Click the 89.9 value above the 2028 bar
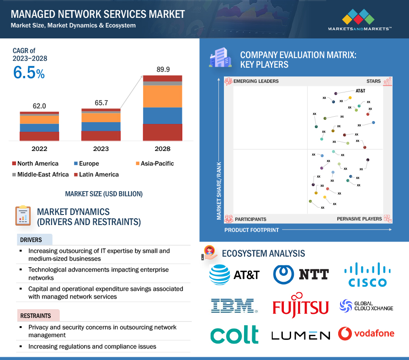[163, 70]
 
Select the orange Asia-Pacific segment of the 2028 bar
[163, 96]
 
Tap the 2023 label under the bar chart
[101, 149]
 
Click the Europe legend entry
[89, 163]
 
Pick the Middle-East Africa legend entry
[43, 174]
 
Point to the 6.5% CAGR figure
[29, 73]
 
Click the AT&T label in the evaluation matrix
[360, 91]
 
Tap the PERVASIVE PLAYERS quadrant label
[359, 219]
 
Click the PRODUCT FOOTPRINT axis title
[251, 230]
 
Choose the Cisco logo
[366, 275]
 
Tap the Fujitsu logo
[301, 305]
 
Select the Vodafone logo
[367, 333]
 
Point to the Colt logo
[234, 334]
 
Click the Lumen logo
[300, 335]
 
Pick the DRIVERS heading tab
[31, 240]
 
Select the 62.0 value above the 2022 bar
[39, 106]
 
